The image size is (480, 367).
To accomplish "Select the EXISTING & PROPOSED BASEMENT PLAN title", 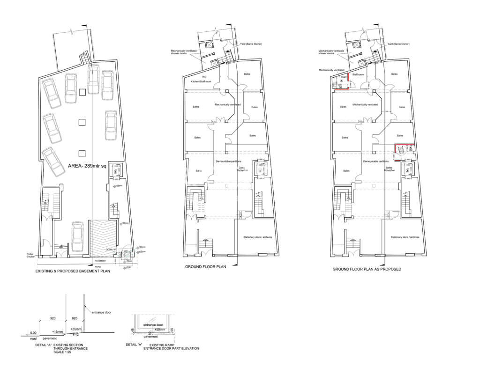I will [x=73, y=271].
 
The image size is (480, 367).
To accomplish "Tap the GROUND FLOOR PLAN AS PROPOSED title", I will [x=367, y=270].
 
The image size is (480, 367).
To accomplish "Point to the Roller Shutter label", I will [x=32, y=256].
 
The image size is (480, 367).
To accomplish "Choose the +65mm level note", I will [x=75, y=329].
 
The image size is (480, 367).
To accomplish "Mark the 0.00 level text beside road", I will [x=33, y=333].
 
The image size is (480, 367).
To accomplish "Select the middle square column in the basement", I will [x=82, y=122].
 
